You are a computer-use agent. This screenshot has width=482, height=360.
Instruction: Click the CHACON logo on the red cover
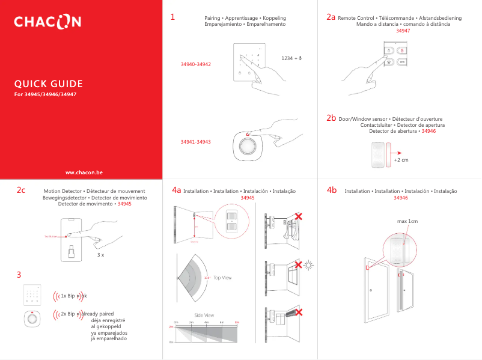47,22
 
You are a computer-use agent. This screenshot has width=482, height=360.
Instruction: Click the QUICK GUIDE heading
49,84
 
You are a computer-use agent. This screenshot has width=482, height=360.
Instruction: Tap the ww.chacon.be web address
84,172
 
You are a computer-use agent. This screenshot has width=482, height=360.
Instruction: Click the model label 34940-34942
195,64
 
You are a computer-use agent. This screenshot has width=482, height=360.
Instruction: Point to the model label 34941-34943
195,142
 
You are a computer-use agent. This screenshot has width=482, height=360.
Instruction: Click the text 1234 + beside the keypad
291,58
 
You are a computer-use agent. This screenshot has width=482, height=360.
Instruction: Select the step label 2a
331,17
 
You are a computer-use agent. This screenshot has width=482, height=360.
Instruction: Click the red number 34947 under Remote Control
403,30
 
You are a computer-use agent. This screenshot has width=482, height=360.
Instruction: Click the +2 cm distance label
401,160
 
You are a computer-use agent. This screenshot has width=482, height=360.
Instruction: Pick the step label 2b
331,118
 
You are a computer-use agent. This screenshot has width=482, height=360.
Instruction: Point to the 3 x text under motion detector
101,255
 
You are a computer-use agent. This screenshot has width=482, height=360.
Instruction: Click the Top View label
222,278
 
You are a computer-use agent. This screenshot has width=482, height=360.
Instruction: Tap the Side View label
204,315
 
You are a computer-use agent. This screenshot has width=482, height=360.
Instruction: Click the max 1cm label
407,222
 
